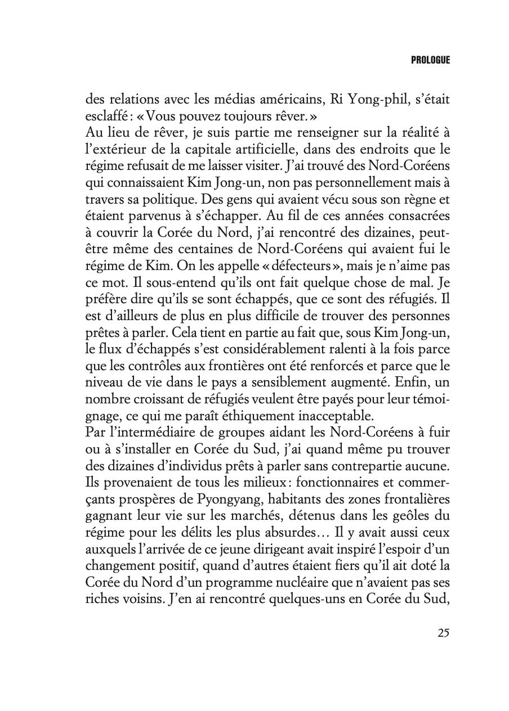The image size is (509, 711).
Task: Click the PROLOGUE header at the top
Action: click(x=430, y=60)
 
